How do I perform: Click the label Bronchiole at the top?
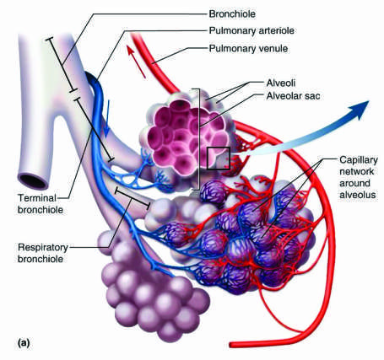232,14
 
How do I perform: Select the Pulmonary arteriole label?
251,30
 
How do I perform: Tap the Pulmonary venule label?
248,48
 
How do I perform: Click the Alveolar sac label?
293,96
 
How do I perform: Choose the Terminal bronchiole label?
41,204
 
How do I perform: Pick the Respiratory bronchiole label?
43,253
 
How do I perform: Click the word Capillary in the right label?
359,160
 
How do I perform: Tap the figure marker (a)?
24,343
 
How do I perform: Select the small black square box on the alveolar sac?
219,159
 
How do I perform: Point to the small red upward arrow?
136,62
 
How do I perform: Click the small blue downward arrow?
107,119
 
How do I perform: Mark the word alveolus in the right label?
357,195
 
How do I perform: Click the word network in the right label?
356,171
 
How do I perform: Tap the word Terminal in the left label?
37,198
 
